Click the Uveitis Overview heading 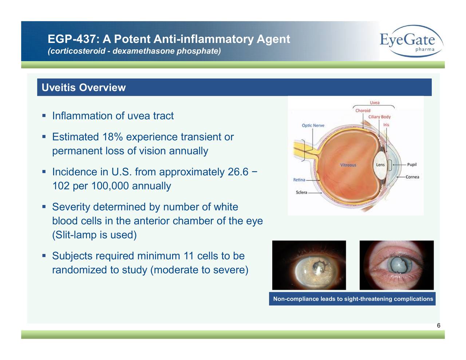click(83, 88)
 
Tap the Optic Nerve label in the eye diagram click(313, 126)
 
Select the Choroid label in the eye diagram click(363, 111)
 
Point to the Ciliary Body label click(379, 117)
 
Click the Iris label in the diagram click(386, 125)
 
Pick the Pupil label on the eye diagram click(412, 165)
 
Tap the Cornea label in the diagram click(412, 177)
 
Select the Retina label click(299, 180)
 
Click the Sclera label click(301, 192)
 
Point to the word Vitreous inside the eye click(348, 165)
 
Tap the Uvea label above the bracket click(375, 103)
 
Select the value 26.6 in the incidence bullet click(238, 172)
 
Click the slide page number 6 click(438, 325)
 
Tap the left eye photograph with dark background click(309, 265)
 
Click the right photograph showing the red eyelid click(396, 265)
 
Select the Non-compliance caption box click(352, 299)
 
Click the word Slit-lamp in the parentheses click(76, 236)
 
